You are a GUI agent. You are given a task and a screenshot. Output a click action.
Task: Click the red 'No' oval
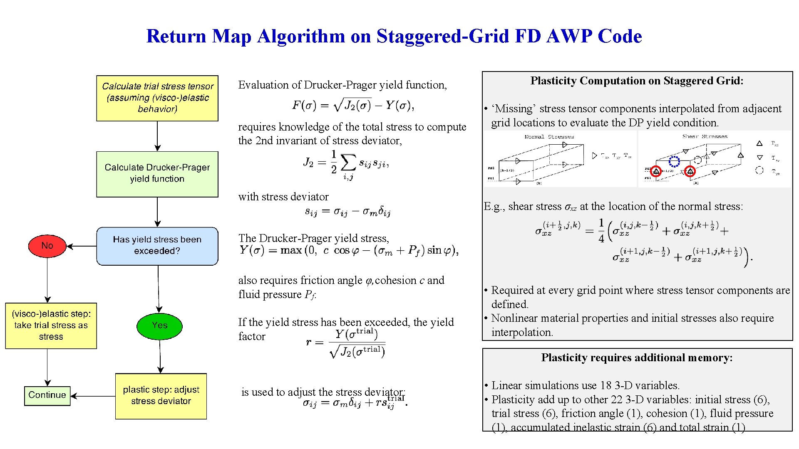(x=47, y=246)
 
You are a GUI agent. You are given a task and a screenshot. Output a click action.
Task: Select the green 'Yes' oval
(x=159, y=326)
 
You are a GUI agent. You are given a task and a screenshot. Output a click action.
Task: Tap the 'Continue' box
(x=47, y=395)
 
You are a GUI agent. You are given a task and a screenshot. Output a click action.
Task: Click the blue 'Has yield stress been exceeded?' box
(x=157, y=246)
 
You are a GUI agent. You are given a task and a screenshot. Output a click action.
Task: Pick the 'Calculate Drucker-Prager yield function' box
(x=157, y=174)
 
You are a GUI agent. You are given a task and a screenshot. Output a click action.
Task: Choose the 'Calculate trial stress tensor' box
(x=157, y=98)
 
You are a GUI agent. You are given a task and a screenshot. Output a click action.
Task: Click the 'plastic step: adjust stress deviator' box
(x=161, y=396)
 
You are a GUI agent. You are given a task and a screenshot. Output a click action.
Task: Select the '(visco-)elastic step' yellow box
(x=51, y=326)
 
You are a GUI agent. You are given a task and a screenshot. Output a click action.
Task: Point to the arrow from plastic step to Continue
(x=93, y=396)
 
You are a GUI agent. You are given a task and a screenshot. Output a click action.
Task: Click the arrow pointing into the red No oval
(x=81, y=246)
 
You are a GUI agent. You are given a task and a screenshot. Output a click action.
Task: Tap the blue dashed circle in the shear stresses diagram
(x=674, y=161)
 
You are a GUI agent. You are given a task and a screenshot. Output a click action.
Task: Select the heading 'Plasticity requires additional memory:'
(x=637, y=358)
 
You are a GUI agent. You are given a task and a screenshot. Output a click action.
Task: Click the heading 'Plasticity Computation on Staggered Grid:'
(x=637, y=81)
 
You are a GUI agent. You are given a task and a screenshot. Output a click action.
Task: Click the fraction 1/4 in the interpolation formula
(x=601, y=231)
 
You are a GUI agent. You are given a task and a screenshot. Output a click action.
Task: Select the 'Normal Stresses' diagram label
(x=549, y=137)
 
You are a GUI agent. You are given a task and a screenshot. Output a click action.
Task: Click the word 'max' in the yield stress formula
(x=291, y=250)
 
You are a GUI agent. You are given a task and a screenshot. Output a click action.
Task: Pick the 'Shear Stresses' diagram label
(x=705, y=136)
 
